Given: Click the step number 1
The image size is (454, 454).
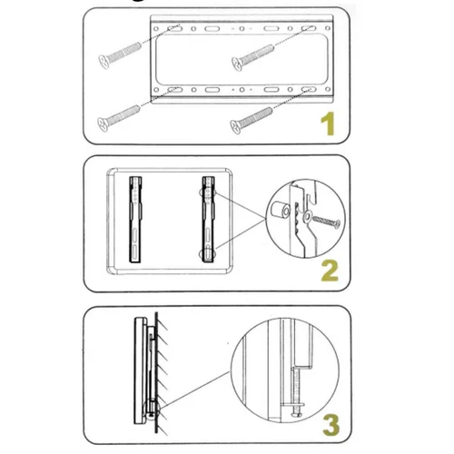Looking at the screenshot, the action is coord(328,123).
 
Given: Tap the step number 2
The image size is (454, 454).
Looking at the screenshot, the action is coord(330,271).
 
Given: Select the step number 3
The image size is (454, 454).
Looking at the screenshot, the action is coord(331,425).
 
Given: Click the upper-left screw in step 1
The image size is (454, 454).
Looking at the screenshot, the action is coord(120,55).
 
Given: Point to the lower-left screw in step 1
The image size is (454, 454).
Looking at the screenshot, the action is coord(118,118).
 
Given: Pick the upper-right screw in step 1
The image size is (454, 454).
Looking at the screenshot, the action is coord(253,57).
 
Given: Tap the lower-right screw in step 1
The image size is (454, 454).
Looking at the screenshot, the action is coord(252,120).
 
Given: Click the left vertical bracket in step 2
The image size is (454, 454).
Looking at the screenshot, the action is coord(135,220).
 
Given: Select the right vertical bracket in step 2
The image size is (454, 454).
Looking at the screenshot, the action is coord(209,220).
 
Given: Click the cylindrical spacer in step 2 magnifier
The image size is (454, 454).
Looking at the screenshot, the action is coord(279,211).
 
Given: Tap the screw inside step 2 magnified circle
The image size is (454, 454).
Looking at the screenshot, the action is coord(326,222).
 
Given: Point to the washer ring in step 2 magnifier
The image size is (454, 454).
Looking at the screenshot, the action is coord(308,216).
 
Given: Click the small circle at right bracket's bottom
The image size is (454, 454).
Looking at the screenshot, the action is coord(208,254).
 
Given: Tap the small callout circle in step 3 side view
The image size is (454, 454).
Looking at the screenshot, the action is coord(152,411).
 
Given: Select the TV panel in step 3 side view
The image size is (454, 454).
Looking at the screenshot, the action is coord(141,370).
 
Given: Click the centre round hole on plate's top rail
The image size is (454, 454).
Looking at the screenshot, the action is coord(242,29).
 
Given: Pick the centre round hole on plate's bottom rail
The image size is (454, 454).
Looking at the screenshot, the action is coord(242,90).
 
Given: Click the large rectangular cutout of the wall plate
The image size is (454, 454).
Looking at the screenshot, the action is coord(242,59).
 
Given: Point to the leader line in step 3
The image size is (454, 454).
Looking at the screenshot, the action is coord(194,390).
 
